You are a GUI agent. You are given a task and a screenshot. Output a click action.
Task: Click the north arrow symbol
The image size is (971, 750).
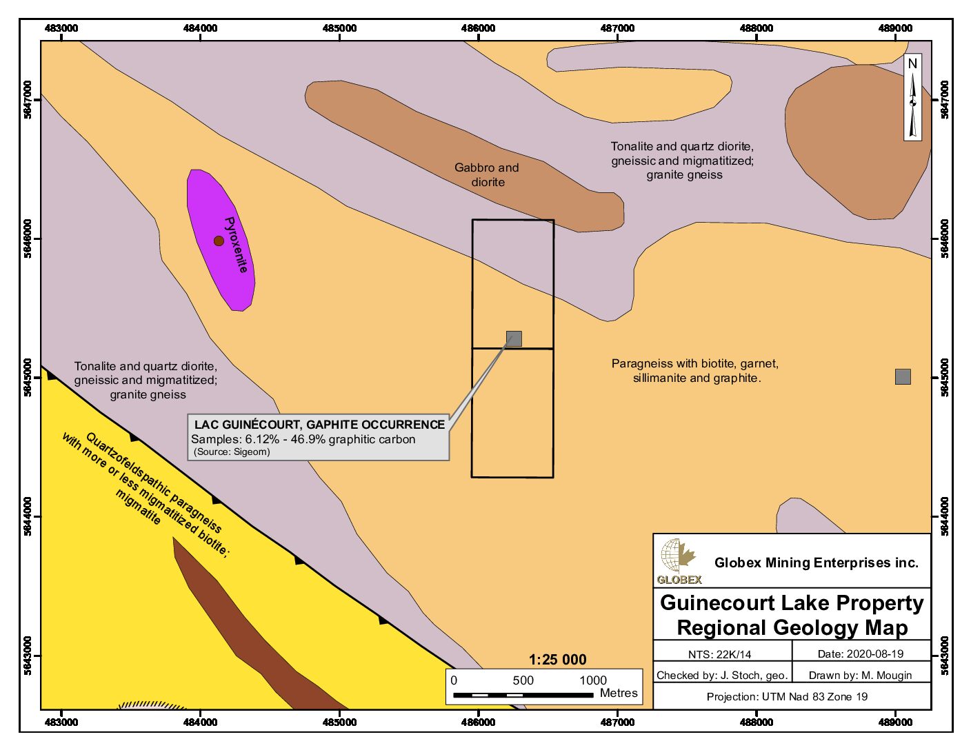(912, 98)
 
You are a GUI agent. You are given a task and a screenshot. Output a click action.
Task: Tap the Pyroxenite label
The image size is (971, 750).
(236, 245)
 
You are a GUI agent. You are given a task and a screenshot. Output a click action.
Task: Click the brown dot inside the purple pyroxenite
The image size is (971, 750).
(219, 241)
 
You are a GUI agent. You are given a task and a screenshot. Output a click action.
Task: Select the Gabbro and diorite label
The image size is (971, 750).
(487, 174)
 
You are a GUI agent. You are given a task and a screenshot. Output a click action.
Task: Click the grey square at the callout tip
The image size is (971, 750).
(514, 338)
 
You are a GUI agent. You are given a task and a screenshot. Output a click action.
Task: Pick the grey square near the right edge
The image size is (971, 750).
(903, 376)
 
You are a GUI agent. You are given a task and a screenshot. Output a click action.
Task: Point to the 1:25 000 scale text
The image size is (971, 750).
(557, 660)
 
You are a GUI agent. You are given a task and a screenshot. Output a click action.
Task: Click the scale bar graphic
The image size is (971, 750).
(523, 695)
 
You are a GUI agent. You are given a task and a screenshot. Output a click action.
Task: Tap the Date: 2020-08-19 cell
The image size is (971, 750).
(860, 653)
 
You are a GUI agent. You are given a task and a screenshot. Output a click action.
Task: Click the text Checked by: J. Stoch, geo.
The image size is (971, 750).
(721, 675)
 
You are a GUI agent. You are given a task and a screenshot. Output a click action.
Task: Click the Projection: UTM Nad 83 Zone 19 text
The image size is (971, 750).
(787, 696)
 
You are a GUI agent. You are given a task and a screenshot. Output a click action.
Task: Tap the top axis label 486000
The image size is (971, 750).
(478, 28)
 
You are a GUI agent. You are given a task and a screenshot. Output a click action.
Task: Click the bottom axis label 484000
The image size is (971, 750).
(200, 722)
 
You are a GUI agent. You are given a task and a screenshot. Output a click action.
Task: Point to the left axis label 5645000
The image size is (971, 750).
(28, 378)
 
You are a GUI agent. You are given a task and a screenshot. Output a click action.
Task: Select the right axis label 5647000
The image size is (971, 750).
(944, 100)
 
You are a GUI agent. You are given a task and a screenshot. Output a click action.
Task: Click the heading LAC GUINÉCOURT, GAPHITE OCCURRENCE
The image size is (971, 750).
(319, 425)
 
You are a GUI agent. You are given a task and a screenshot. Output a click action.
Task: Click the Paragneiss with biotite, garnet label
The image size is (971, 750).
(694, 363)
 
